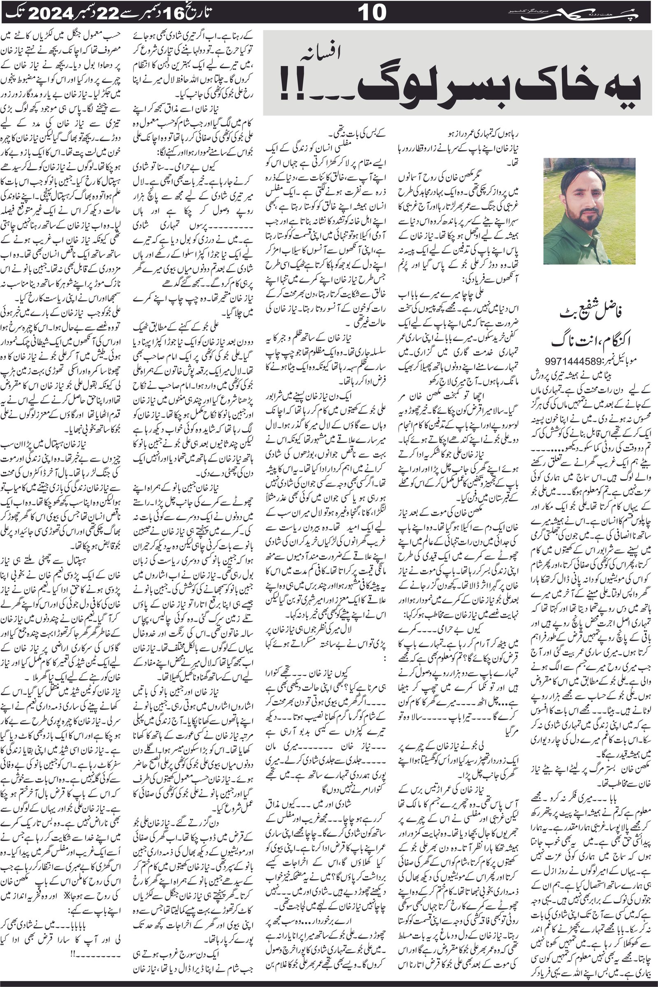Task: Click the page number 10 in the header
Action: (372, 12)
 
